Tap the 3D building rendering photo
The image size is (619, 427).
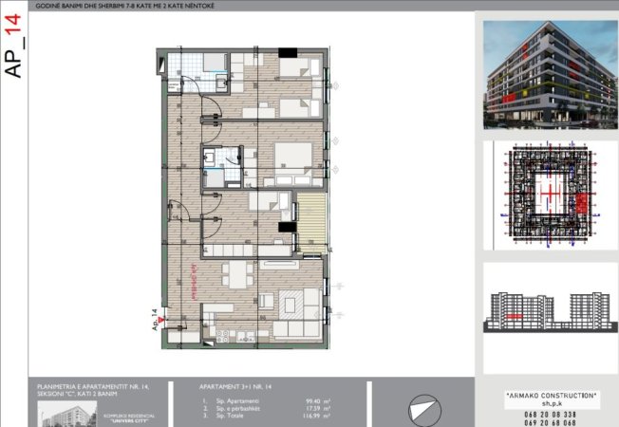click(544, 75)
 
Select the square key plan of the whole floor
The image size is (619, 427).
click(544, 196)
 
